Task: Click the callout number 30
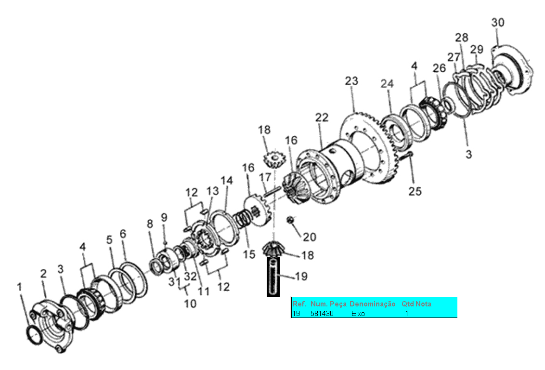(498, 23)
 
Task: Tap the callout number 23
(351, 81)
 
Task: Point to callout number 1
(19, 287)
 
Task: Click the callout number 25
(415, 191)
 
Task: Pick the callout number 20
(310, 237)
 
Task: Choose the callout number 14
(227, 181)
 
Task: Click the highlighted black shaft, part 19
(273, 277)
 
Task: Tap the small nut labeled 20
(290, 220)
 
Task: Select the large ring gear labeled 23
(366, 145)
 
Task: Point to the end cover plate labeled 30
(513, 72)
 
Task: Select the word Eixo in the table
(358, 313)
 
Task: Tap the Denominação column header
(373, 304)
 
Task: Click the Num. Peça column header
(328, 304)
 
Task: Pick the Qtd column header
(408, 304)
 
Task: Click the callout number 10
(190, 304)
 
